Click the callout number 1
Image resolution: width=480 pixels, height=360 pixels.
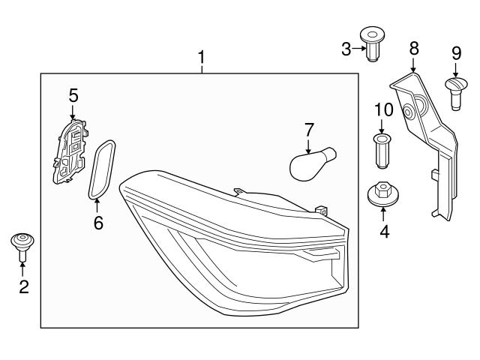pos(201,57)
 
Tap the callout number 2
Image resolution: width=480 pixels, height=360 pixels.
pos(23,286)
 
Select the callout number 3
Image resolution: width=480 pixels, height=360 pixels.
pos(346,49)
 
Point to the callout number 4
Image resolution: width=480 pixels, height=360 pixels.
pos(384,232)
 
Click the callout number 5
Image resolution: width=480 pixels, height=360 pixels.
pos(73,95)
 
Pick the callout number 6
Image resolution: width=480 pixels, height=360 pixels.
pos(98,223)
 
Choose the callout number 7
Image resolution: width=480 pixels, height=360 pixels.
pos(308,129)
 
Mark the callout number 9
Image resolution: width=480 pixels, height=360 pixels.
pos(456,53)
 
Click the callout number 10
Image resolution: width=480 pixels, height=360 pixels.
pos(383,110)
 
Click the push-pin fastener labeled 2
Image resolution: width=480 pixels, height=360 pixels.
pos(23,244)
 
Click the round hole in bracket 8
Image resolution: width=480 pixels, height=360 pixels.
pos(410,112)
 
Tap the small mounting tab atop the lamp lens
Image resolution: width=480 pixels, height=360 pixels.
pos(240,193)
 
